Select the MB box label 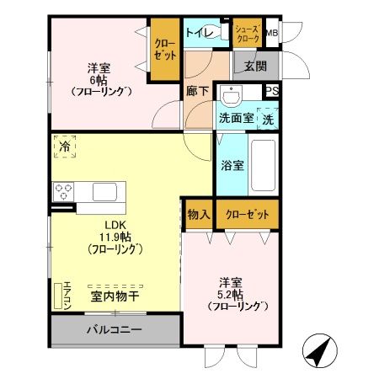(271, 33)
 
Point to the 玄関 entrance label (256, 65)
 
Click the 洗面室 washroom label (237, 118)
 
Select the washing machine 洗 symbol (268, 119)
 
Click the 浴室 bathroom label (232, 165)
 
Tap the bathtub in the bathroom (263, 164)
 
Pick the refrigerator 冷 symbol (65, 147)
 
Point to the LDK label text (115, 225)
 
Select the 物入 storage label (199, 215)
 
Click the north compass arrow (318, 350)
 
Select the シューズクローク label (247, 33)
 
